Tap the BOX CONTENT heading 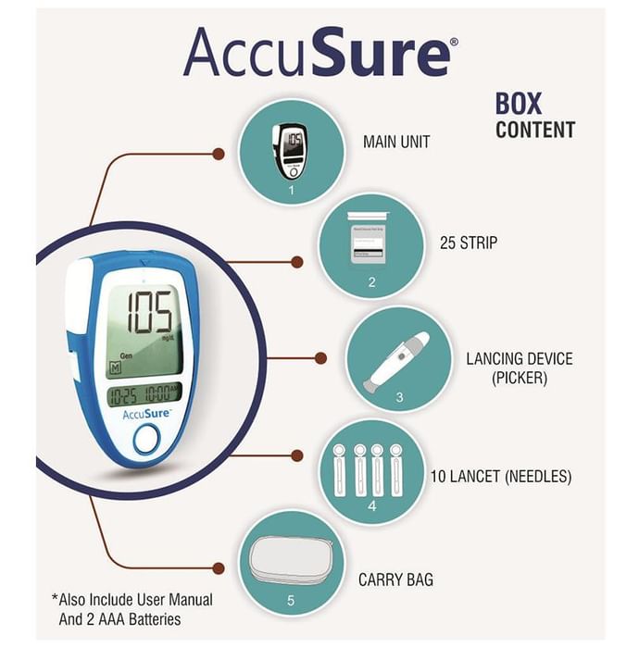pyautogui.click(x=534, y=116)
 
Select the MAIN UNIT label pyautogui.click(x=395, y=143)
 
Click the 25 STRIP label pyautogui.click(x=468, y=244)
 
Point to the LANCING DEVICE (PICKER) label pyautogui.click(x=519, y=368)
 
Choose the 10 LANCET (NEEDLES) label pyautogui.click(x=500, y=478)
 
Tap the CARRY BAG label pyautogui.click(x=395, y=580)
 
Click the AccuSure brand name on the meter pyautogui.click(x=145, y=414)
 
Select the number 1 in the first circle pyautogui.click(x=290, y=190)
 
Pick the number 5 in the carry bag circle pyautogui.click(x=290, y=601)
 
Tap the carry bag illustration pyautogui.click(x=290, y=560)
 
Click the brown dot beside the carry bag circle pyautogui.click(x=219, y=567)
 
